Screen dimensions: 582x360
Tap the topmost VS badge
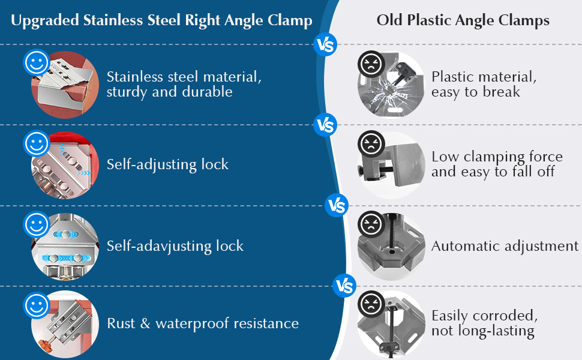click(325, 44)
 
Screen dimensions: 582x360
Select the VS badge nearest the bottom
click(344, 286)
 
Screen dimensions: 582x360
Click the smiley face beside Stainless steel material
click(37, 62)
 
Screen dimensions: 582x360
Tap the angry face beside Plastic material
click(371, 64)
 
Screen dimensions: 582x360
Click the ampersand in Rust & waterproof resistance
click(145, 323)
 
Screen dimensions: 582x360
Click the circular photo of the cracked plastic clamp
click(391, 85)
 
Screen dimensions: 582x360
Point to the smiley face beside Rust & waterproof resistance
click(37, 305)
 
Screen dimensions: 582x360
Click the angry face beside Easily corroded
click(371, 304)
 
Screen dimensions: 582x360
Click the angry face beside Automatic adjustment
click(371, 224)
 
